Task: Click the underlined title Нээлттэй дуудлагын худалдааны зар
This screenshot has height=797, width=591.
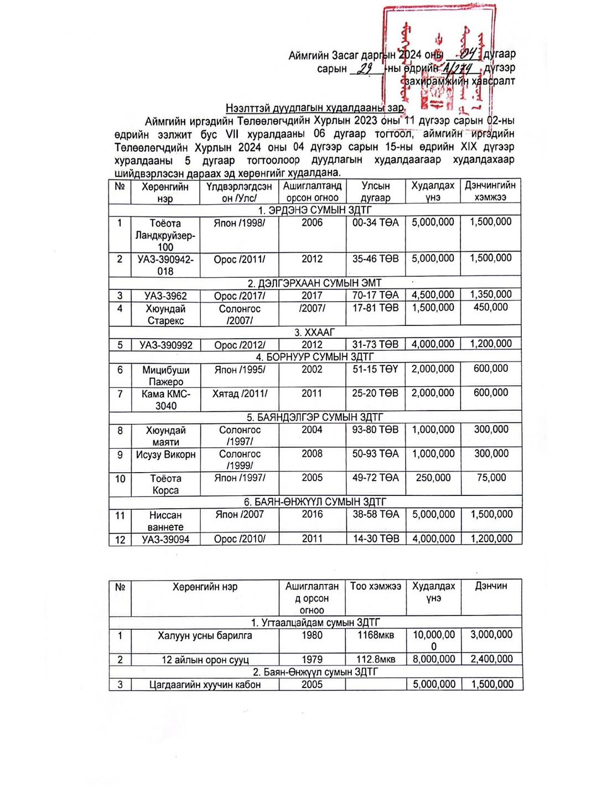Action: (x=314, y=108)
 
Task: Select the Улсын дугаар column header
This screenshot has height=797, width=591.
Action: (x=375, y=192)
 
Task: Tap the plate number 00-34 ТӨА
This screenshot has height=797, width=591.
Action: (x=375, y=222)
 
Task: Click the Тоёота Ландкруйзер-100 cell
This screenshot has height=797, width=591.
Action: (x=165, y=235)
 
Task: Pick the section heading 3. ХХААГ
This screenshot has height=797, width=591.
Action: (x=314, y=332)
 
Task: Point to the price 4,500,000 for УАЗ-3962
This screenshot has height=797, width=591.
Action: (x=433, y=295)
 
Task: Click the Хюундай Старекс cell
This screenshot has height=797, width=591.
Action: (x=165, y=314)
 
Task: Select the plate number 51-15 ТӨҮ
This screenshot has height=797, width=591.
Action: (x=375, y=369)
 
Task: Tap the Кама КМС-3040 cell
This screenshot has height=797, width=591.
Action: (x=165, y=400)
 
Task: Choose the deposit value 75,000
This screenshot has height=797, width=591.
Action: (x=491, y=478)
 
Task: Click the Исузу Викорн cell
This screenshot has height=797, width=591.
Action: (x=165, y=454)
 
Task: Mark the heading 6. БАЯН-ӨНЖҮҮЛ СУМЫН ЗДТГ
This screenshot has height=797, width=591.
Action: (x=315, y=502)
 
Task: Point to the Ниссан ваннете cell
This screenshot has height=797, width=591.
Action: (x=165, y=521)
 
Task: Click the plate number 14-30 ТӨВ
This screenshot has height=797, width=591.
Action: (x=376, y=539)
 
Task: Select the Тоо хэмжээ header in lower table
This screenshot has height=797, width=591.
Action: (x=375, y=586)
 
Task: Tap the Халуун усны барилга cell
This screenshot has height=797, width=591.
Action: (x=205, y=635)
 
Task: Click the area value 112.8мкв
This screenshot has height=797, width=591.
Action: (x=376, y=659)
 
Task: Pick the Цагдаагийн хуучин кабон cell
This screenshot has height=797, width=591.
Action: (x=205, y=685)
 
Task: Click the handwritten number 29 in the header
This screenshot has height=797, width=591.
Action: (x=365, y=69)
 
